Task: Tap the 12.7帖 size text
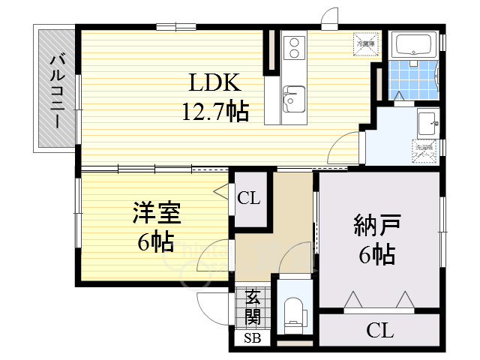(215, 112)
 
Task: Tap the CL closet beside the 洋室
(249, 199)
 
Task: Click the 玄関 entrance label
(252, 307)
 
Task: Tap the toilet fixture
(293, 313)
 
